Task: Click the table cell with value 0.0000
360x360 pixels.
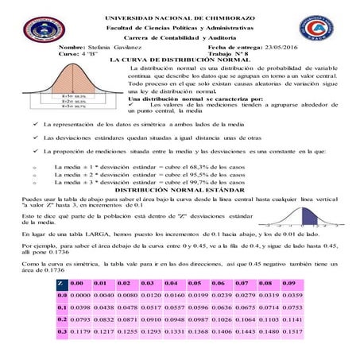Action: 78,296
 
